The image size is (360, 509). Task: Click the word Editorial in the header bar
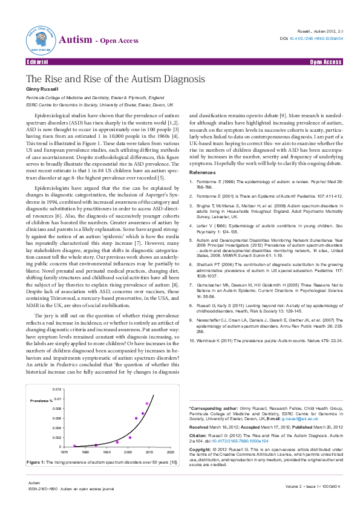(x=37, y=62)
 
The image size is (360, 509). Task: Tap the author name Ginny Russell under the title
(x=42, y=88)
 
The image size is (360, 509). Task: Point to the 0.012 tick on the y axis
(x=56, y=389)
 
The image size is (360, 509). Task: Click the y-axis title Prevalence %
(x=43, y=401)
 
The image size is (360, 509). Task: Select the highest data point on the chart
(x=147, y=403)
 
